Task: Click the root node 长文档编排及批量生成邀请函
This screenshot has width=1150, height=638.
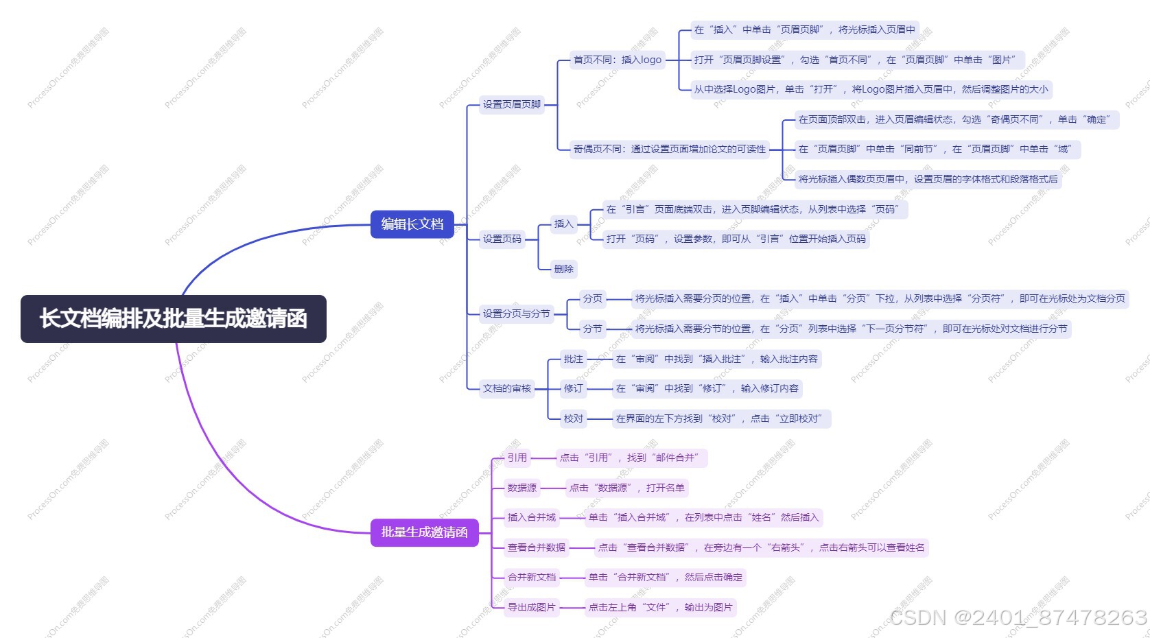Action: (x=173, y=319)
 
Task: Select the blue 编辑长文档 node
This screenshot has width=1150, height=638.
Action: (x=412, y=224)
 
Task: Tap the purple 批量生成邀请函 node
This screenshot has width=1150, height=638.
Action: (x=424, y=532)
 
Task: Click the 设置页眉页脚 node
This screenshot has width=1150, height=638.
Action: (x=512, y=104)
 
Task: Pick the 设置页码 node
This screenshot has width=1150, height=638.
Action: (x=502, y=239)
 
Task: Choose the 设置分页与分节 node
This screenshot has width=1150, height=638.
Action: (x=516, y=314)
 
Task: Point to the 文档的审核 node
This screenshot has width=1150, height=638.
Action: (x=506, y=388)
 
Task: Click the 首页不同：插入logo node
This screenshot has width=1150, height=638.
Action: (x=618, y=60)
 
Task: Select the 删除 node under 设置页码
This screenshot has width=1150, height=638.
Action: (x=564, y=269)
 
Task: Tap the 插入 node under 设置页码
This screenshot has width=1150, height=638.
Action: (x=563, y=224)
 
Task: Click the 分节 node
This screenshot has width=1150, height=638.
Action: (x=593, y=329)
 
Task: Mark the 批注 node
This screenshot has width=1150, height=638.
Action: (x=574, y=359)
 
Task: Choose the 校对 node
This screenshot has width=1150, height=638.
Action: (x=574, y=418)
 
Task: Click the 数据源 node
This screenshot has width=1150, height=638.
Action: (x=522, y=488)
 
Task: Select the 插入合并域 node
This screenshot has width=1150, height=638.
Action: (x=532, y=517)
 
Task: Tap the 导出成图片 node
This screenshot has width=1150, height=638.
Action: (x=532, y=607)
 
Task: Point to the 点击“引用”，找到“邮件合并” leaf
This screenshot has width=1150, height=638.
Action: (x=629, y=458)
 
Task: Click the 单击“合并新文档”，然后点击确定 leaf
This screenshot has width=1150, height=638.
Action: (x=665, y=577)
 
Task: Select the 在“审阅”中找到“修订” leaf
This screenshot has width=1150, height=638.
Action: (x=707, y=388)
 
